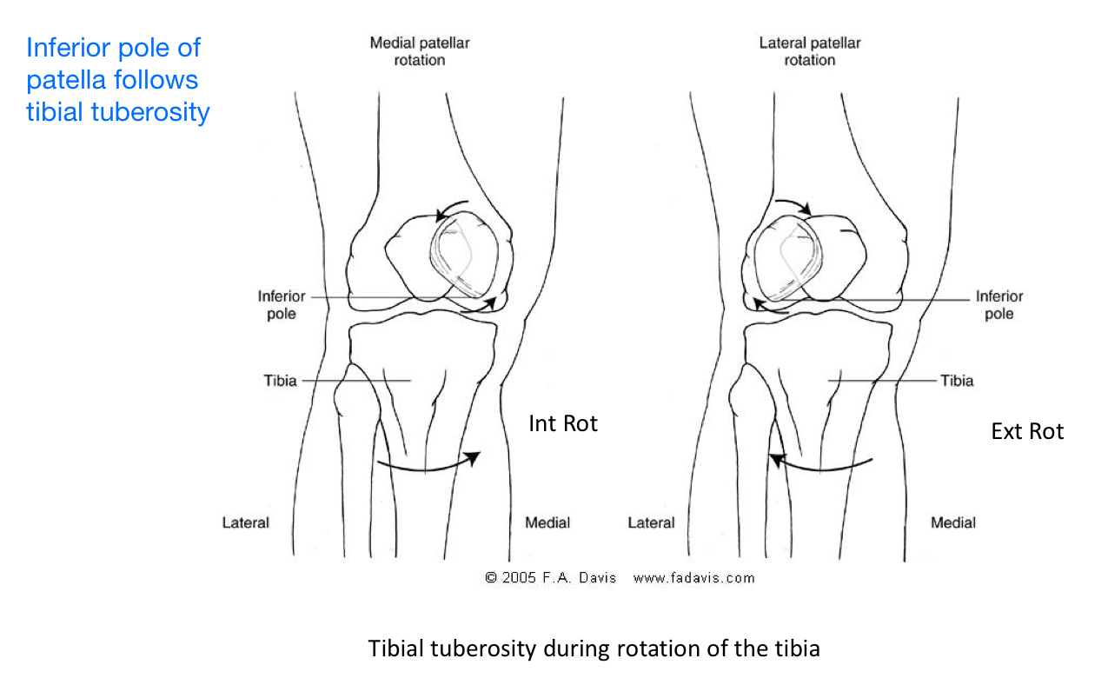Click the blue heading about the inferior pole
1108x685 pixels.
[118, 79]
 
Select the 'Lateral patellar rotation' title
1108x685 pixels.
[809, 51]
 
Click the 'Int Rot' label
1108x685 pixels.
[563, 424]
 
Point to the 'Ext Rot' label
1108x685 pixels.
[1027, 432]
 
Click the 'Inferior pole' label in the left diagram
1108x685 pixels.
[282, 305]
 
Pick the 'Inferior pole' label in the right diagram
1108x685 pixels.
[999, 305]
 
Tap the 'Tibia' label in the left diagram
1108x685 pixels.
[281, 381]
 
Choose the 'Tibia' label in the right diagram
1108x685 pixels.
[957, 381]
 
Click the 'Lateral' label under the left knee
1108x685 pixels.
[246, 522]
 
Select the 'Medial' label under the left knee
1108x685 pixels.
[547, 522]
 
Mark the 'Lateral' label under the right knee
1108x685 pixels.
[651, 522]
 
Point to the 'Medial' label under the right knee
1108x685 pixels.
[953, 522]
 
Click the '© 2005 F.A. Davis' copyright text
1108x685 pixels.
[550, 577]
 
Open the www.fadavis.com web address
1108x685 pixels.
[693, 577]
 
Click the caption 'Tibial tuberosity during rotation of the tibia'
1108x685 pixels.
[594, 648]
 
